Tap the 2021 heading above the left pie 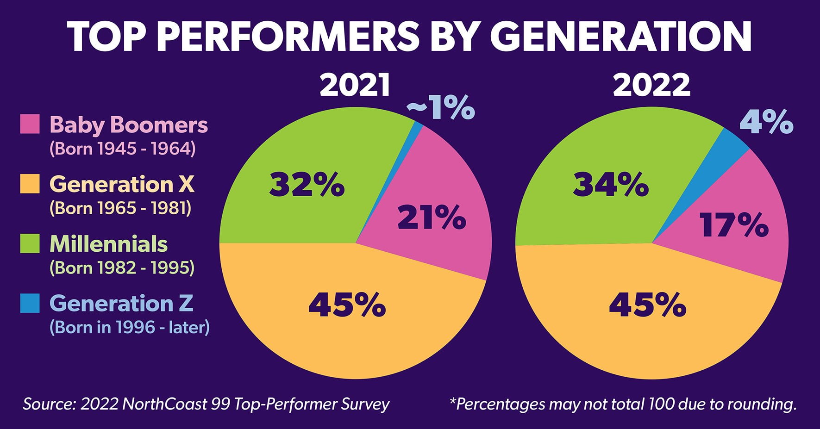click(355, 86)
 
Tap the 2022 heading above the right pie click(651, 86)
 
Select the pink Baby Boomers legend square click(30, 124)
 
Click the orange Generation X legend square click(30, 184)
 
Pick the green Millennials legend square click(30, 243)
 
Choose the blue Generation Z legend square click(30, 303)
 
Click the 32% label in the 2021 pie click(307, 185)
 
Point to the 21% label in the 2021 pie click(432, 218)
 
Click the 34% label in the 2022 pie click(611, 185)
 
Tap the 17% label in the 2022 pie click(734, 225)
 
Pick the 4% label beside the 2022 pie click(766, 122)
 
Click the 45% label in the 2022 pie click(647, 305)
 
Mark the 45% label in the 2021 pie click(347, 305)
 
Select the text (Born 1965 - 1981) click(120, 208)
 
